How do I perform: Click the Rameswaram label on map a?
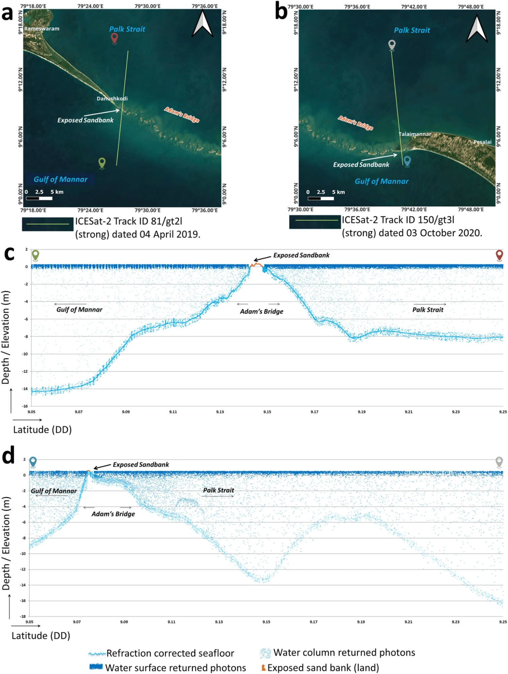click(x=42, y=29)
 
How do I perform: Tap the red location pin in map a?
click(x=115, y=38)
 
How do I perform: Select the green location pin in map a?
click(x=102, y=163)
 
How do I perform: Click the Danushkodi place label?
click(x=112, y=98)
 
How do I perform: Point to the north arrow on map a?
click(x=202, y=24)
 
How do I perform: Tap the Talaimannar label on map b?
click(x=415, y=134)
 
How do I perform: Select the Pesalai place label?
click(x=482, y=142)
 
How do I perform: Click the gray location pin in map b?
click(x=392, y=45)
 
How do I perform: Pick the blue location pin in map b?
click(x=407, y=162)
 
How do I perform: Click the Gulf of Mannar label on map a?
click(x=60, y=179)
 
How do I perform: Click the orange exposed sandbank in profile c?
click(x=257, y=265)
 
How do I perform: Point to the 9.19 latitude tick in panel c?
click(x=361, y=412)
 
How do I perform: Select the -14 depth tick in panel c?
click(x=25, y=389)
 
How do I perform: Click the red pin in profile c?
click(x=499, y=255)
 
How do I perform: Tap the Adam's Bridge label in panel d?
click(x=113, y=514)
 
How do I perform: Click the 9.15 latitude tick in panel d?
click(x=266, y=622)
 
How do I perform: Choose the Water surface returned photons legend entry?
click(x=168, y=668)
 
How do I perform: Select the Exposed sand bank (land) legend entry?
click(x=320, y=668)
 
